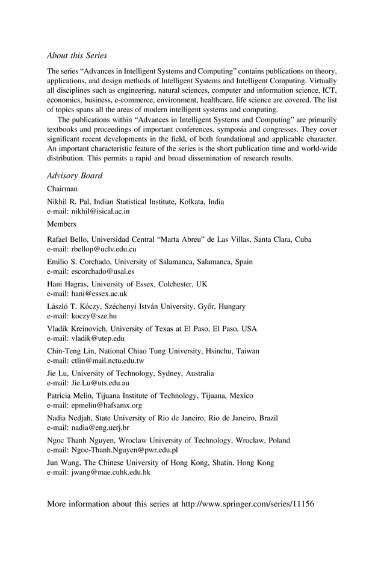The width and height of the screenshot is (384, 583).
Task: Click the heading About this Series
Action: (77, 55)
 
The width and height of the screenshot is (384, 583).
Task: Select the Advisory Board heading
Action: (75, 175)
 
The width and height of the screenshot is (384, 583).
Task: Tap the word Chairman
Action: (63, 189)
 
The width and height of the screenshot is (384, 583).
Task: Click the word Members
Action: (62, 224)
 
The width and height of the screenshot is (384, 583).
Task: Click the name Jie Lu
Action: (57, 373)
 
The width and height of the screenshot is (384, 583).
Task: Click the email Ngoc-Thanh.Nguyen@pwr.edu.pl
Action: (123, 450)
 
